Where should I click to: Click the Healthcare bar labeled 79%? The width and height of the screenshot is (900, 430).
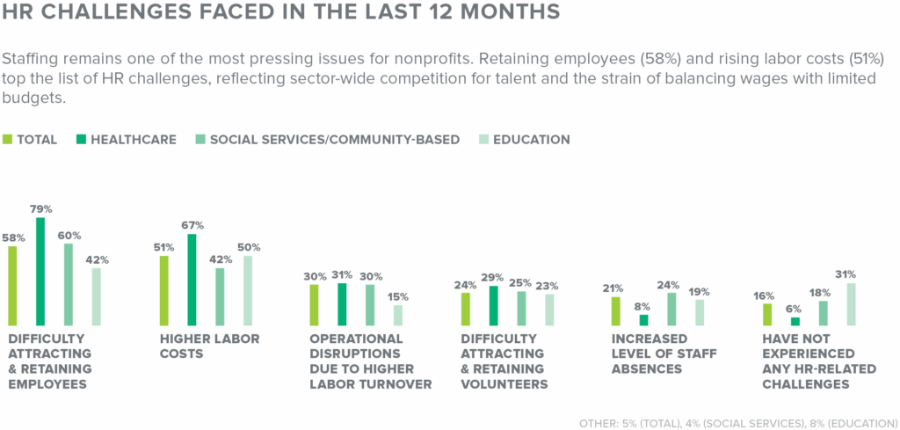coord(40,272)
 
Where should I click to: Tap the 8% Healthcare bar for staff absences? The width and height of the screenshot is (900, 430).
coord(643,320)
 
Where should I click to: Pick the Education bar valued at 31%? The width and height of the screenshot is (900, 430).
coord(850,304)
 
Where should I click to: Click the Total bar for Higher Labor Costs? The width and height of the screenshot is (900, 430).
coord(163,290)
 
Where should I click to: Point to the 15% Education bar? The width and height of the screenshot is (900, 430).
coord(397,315)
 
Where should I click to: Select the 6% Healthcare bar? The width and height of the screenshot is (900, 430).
coord(795,321)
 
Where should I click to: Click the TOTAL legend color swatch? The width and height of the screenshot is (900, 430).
coord(8,139)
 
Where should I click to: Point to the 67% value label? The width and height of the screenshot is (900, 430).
coord(192,226)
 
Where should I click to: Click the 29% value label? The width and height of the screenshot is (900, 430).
coord(494,277)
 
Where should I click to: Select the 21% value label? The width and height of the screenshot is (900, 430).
coord(613,288)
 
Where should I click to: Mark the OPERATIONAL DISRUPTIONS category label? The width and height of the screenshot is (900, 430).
coord(370,361)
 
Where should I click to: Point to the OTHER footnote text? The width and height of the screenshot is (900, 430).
coord(737,420)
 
